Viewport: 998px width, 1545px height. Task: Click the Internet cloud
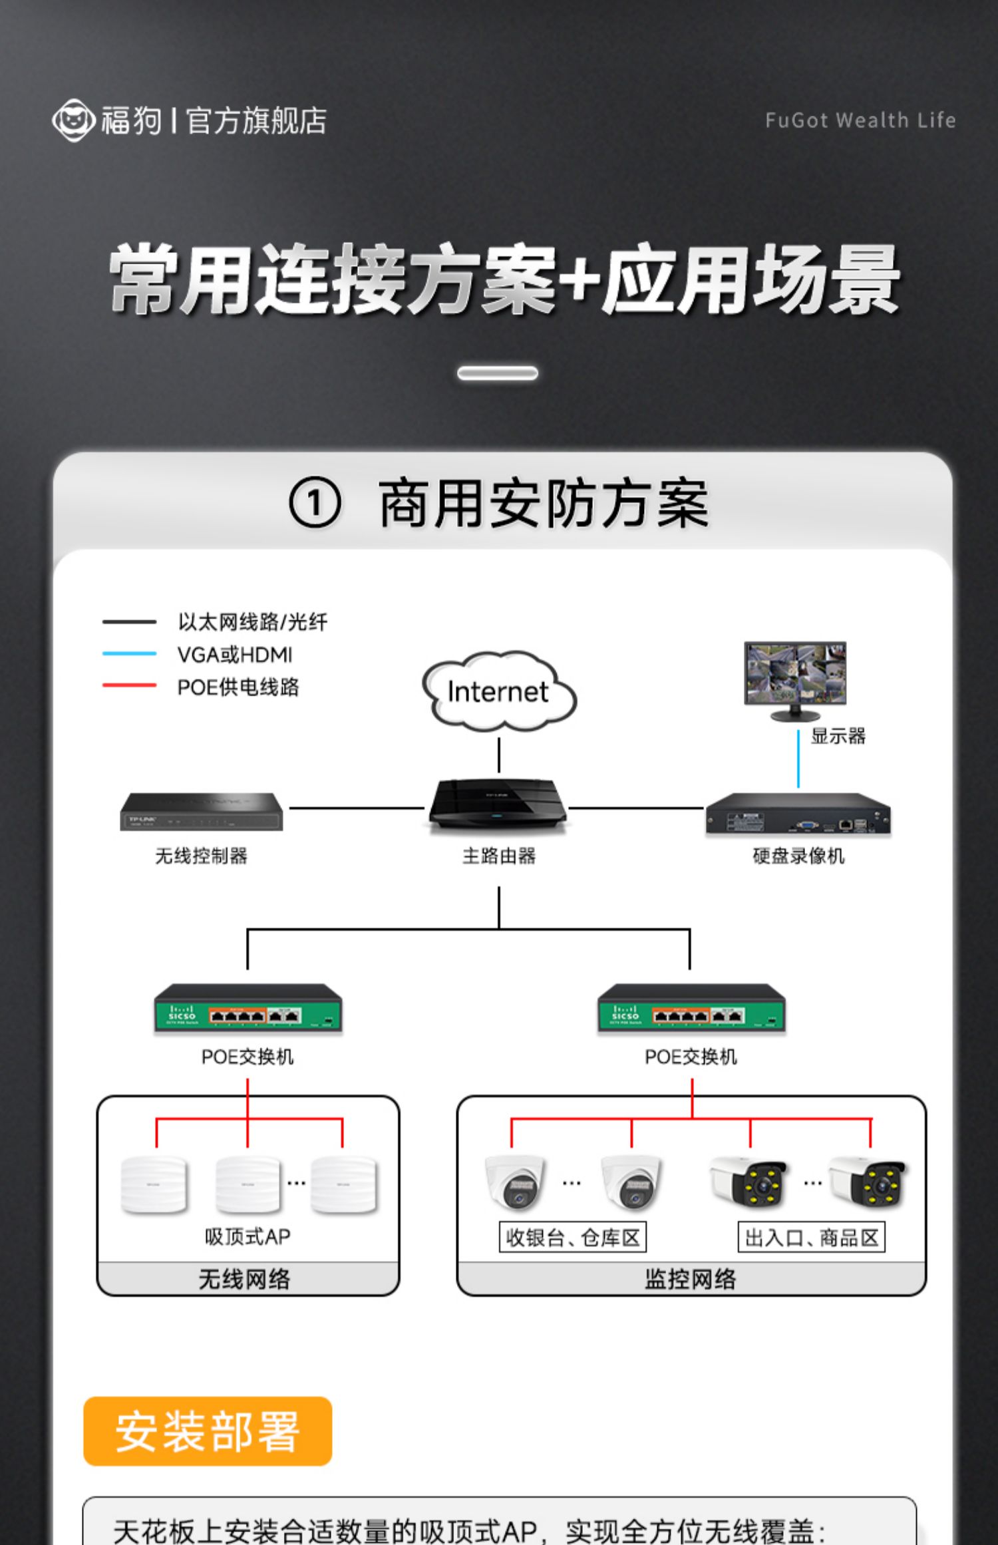point(499,692)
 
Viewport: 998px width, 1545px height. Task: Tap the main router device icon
point(498,806)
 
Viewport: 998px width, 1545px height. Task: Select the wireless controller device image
point(201,812)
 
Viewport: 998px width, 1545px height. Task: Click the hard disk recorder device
point(798,813)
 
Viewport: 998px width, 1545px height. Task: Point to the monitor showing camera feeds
point(795,675)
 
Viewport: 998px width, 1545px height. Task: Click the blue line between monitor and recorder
point(798,759)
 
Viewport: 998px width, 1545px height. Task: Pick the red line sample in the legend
point(129,685)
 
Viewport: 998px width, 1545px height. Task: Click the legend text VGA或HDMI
point(235,655)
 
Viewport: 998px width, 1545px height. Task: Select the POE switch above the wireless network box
point(248,1009)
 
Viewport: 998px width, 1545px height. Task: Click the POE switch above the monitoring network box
point(691,1009)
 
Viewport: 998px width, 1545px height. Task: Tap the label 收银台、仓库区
point(572,1238)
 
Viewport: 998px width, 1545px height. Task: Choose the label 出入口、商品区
point(811,1238)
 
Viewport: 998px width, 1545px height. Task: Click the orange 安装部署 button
point(208,1431)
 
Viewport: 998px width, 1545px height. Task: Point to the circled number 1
point(315,504)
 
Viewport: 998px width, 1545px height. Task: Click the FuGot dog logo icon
point(73,120)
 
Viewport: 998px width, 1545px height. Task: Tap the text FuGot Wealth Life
point(860,120)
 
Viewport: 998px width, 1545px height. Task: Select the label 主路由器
point(499,856)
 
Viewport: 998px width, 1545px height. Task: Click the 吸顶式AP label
point(248,1236)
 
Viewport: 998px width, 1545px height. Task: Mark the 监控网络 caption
point(691,1279)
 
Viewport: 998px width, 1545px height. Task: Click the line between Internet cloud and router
point(499,755)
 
